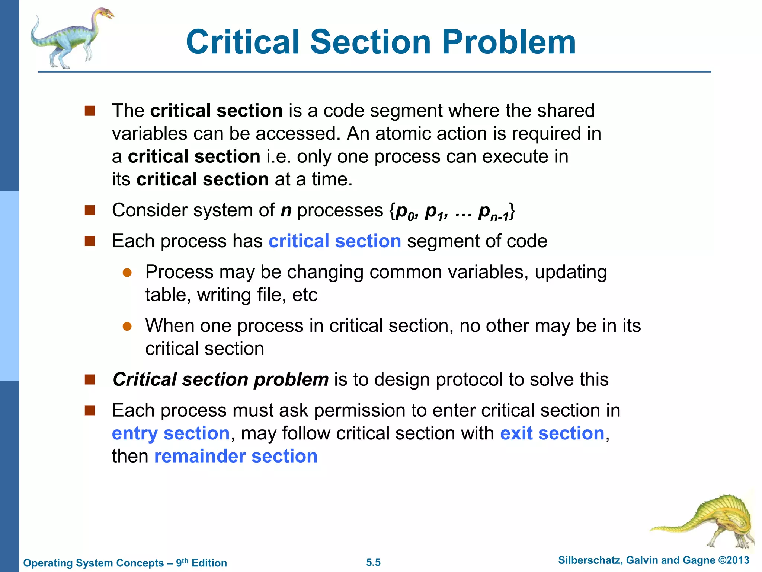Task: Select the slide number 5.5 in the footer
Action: point(373,562)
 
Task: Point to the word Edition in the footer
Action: point(209,563)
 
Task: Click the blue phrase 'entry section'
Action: point(170,433)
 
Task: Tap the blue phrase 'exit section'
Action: point(552,433)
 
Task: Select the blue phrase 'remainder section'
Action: point(236,456)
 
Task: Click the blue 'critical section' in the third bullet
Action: point(335,241)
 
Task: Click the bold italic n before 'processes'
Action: point(286,211)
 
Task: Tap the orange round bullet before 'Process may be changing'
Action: point(127,273)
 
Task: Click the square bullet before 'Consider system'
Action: point(90,210)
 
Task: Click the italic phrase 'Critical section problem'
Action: point(221,379)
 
